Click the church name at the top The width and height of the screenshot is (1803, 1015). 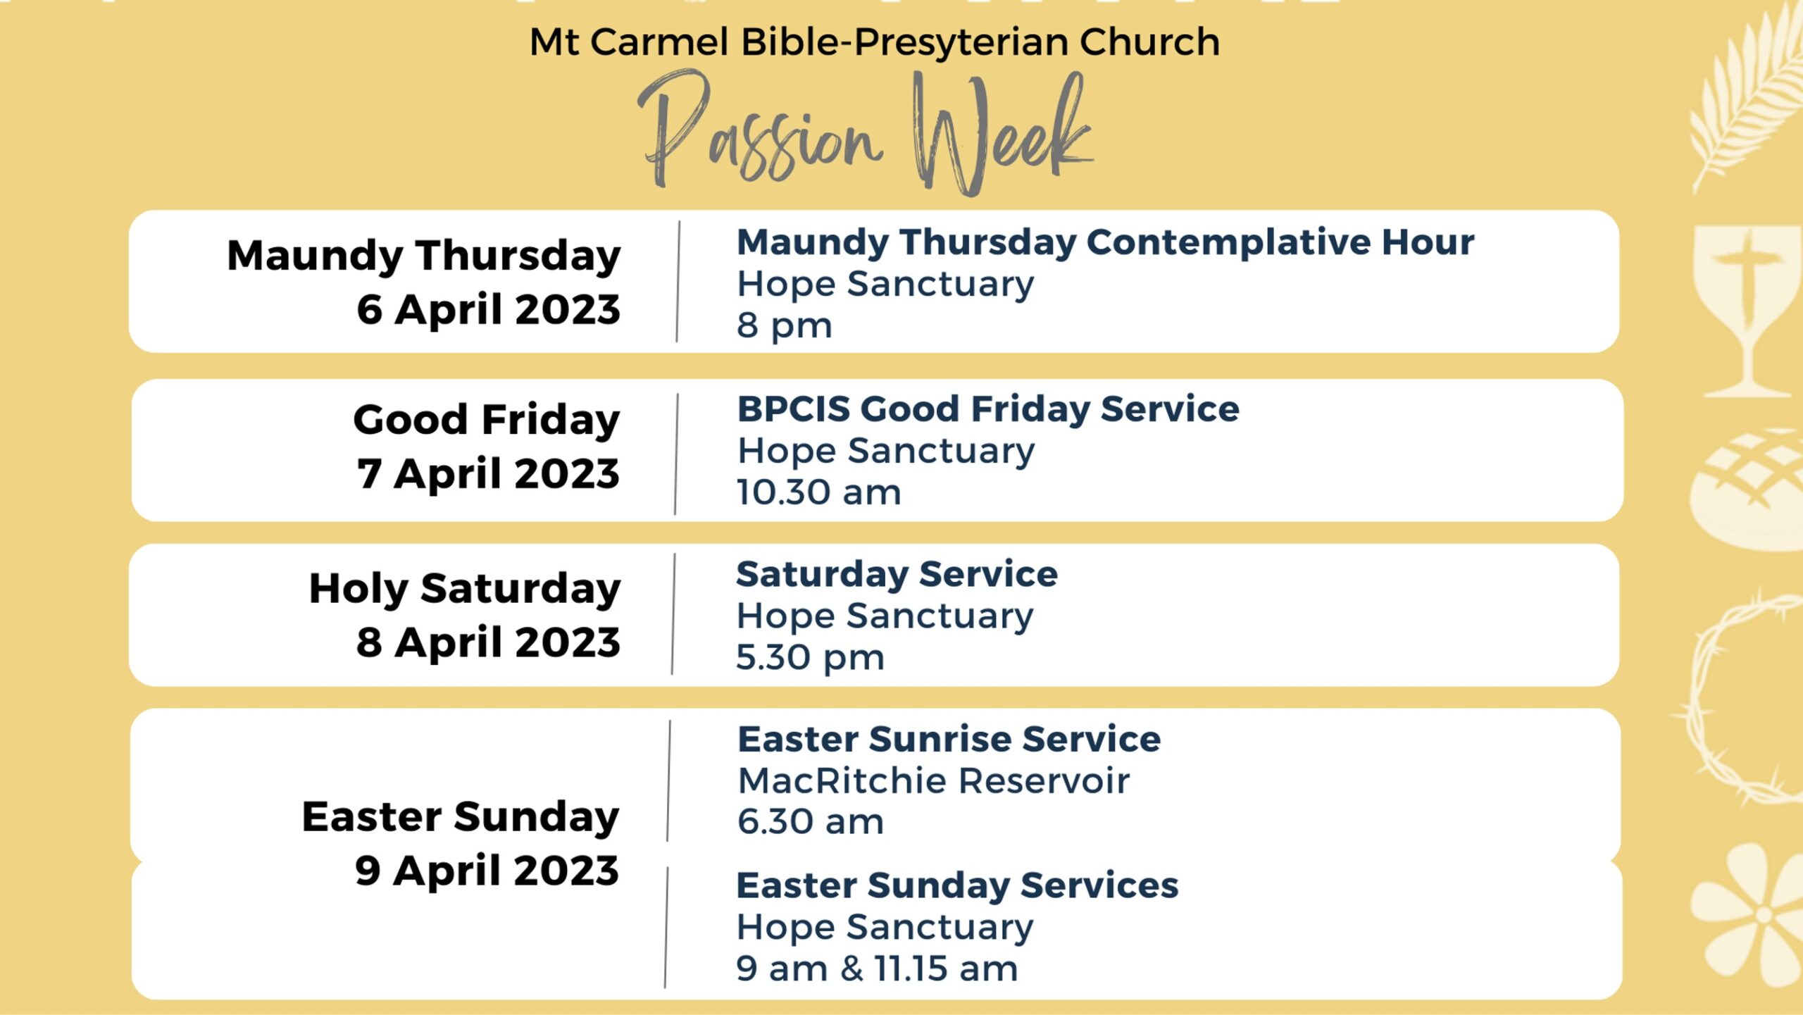point(874,42)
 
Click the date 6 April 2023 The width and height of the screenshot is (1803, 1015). point(488,309)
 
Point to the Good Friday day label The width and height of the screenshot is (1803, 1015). point(487,421)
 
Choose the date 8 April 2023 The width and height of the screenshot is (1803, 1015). point(488,642)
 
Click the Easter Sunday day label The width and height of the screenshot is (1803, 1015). point(461,817)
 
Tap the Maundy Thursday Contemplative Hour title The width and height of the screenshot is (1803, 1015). point(1105,242)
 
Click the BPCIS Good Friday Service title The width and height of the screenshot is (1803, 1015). point(988,409)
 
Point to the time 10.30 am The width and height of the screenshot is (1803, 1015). point(818,492)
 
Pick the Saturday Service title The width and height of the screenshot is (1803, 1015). point(897,575)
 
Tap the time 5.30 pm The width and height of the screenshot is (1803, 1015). point(810,658)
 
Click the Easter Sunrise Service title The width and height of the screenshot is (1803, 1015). point(949,740)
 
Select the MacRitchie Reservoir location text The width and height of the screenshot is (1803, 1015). point(933,780)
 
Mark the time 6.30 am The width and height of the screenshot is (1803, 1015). point(810,822)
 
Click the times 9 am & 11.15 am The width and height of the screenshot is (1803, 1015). point(877,969)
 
